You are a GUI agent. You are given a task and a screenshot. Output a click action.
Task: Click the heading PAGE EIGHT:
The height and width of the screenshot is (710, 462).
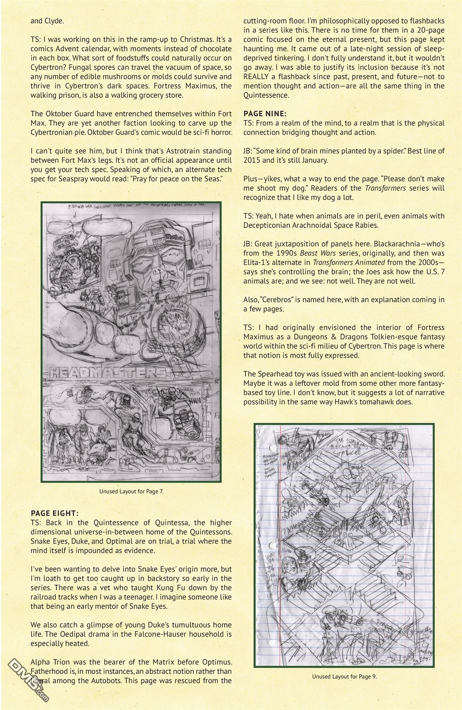tap(55, 513)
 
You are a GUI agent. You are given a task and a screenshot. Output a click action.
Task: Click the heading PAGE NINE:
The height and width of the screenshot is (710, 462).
tap(264, 114)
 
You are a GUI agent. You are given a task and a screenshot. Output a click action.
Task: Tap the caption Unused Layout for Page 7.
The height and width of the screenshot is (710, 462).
tap(131, 491)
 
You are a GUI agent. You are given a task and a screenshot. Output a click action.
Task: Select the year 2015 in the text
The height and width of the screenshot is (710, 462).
tap(251, 160)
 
